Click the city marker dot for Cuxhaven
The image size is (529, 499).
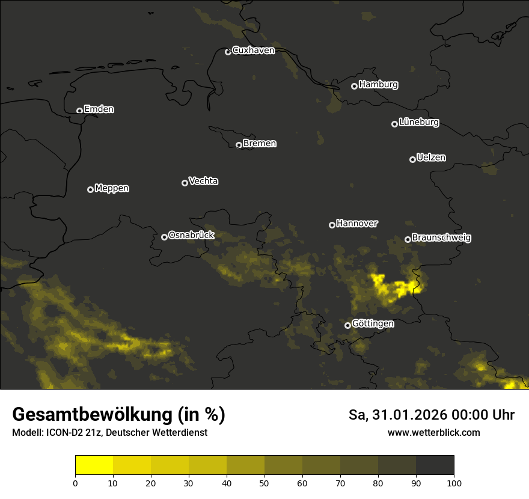(228, 52)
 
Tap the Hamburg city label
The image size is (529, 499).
(378, 85)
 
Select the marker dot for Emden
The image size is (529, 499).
(79, 111)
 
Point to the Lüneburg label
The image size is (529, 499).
(418, 123)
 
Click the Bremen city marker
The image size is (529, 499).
(239, 145)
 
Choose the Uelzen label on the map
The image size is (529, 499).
(431, 158)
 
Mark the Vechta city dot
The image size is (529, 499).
(185, 183)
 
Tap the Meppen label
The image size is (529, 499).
(112, 188)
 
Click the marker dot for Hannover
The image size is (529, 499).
(332, 225)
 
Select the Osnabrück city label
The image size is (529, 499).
(191, 235)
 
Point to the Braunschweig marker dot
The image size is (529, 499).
(408, 239)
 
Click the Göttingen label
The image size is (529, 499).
(373, 324)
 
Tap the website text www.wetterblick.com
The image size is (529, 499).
(433, 432)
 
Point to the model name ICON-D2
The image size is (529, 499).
(63, 433)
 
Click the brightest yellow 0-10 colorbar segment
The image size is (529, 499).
(94, 465)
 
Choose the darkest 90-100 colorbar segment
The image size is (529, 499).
(435, 465)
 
